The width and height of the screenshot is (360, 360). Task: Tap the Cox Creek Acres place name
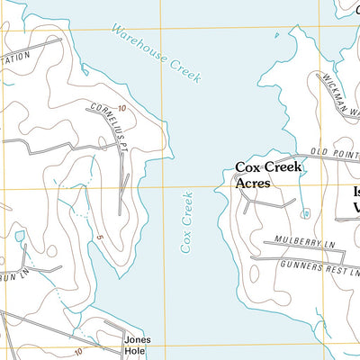pyautogui.click(x=268, y=174)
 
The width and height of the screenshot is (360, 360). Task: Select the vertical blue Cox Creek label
pyautogui.click(x=187, y=220)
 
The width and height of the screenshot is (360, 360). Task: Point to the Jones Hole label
pyautogui.click(x=138, y=346)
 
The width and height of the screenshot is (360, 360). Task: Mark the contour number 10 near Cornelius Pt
pyautogui.click(x=121, y=108)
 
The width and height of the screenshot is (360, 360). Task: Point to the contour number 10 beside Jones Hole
pyautogui.click(x=79, y=351)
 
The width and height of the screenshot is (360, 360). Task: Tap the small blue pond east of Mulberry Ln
pyautogui.click(x=306, y=214)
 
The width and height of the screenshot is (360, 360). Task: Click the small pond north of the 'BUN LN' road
pyautogui.click(x=20, y=237)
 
